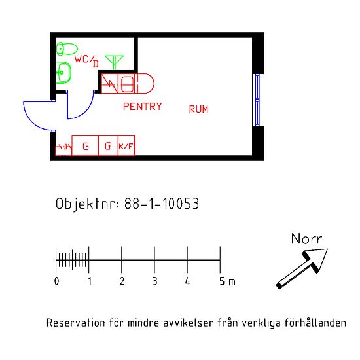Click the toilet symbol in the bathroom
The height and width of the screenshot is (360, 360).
tap(67, 48)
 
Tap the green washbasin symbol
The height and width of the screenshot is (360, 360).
tap(63, 73)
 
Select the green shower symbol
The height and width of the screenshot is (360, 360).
tap(115, 62)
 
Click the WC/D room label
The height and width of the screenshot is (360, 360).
tap(86, 61)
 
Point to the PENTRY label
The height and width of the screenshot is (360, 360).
tap(143, 107)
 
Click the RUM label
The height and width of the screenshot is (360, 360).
tap(198, 109)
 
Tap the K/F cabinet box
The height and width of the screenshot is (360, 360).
tap(126, 146)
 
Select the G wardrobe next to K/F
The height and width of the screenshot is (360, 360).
tap(108, 146)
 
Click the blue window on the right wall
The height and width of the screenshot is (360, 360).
tap(257, 100)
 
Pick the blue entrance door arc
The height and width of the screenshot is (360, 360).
tap(31, 120)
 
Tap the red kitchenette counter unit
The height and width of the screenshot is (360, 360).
tap(128, 83)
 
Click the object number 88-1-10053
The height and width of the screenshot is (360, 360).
tap(162, 204)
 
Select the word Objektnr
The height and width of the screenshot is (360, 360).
tap(87, 204)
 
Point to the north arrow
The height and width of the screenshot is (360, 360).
tap(302, 268)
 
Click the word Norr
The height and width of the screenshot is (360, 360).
tap(306, 239)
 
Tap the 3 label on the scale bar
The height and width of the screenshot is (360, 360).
tap(155, 281)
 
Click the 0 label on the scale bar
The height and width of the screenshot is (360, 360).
tap(56, 281)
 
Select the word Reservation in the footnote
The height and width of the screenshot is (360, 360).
tap(76, 323)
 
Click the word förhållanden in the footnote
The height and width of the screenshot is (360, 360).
tap(315, 323)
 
